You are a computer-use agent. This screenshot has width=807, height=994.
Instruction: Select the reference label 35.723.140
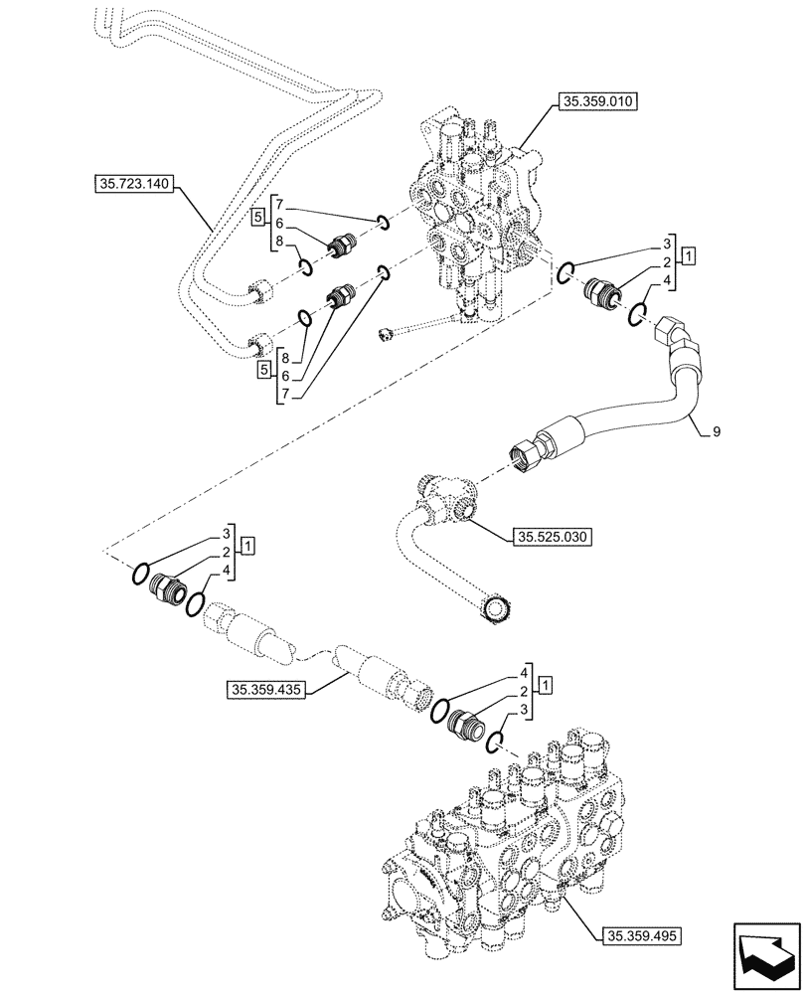[136, 183]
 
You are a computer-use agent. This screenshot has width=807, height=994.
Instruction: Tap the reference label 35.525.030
[552, 538]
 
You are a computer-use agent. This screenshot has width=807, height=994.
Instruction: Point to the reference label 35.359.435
[267, 688]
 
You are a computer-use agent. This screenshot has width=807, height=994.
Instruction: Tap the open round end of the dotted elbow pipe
[497, 608]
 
